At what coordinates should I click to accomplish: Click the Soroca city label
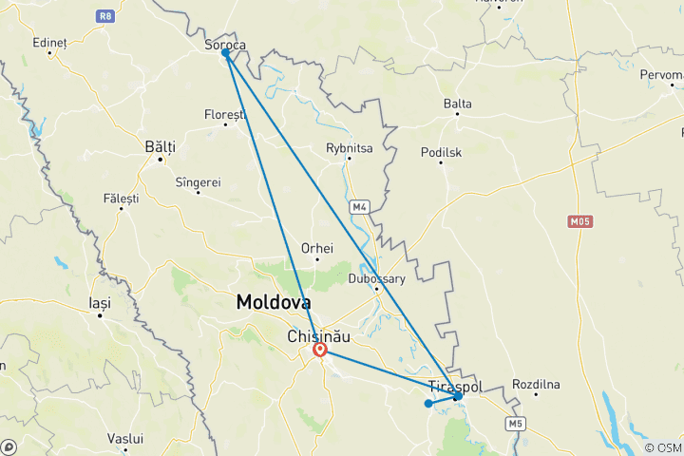point(225,43)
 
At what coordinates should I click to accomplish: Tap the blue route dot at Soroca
point(226,53)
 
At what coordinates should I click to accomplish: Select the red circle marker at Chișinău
point(321,351)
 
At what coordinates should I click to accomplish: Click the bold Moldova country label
point(273,303)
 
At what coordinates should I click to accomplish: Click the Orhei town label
point(316,248)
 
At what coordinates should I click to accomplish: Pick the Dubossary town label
point(376,278)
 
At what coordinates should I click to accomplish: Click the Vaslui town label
point(125,439)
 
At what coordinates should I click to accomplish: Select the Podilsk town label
point(442,151)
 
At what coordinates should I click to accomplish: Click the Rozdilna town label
point(538,385)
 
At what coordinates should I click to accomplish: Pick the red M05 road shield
point(579,221)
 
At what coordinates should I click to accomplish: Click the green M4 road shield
point(358,205)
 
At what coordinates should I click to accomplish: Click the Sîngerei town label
point(199,181)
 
